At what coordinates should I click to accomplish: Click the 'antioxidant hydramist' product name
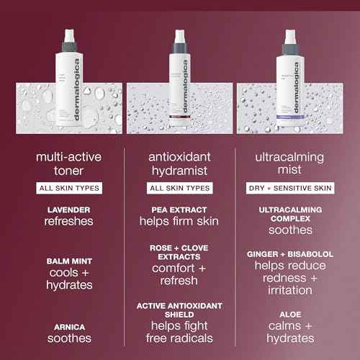[x=180, y=163]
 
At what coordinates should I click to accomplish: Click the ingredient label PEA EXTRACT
[x=180, y=210]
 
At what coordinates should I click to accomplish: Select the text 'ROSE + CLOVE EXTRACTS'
[x=180, y=252]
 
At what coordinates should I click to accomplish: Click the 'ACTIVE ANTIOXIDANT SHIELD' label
[x=180, y=310]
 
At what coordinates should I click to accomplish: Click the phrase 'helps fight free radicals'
[x=180, y=332]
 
